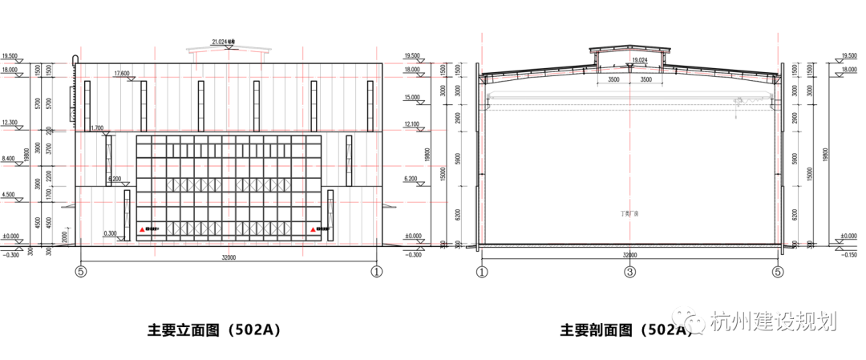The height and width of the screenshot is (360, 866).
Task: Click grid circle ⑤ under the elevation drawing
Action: (x=80, y=272)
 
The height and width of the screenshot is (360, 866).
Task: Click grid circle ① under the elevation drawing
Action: (x=376, y=272)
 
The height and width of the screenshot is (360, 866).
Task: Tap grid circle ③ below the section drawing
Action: (x=630, y=273)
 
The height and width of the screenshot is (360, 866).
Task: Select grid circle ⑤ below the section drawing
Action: (x=778, y=273)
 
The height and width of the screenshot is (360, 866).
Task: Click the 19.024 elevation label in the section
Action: (x=639, y=60)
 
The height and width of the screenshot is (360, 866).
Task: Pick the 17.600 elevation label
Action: (x=122, y=74)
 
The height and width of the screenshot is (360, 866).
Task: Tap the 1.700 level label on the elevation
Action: (x=97, y=127)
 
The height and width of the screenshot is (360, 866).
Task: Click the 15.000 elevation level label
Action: (x=411, y=97)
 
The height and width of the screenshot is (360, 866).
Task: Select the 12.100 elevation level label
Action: (x=411, y=124)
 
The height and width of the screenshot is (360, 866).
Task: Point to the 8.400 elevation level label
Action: (x=10, y=159)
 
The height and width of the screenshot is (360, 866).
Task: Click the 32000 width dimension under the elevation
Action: (x=229, y=258)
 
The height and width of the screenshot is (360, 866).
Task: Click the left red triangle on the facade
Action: (x=143, y=230)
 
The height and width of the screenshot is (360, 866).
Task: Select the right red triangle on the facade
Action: (x=314, y=230)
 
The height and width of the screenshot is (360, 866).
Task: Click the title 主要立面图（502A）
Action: (x=214, y=330)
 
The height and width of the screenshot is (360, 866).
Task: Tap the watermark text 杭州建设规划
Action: (x=773, y=322)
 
